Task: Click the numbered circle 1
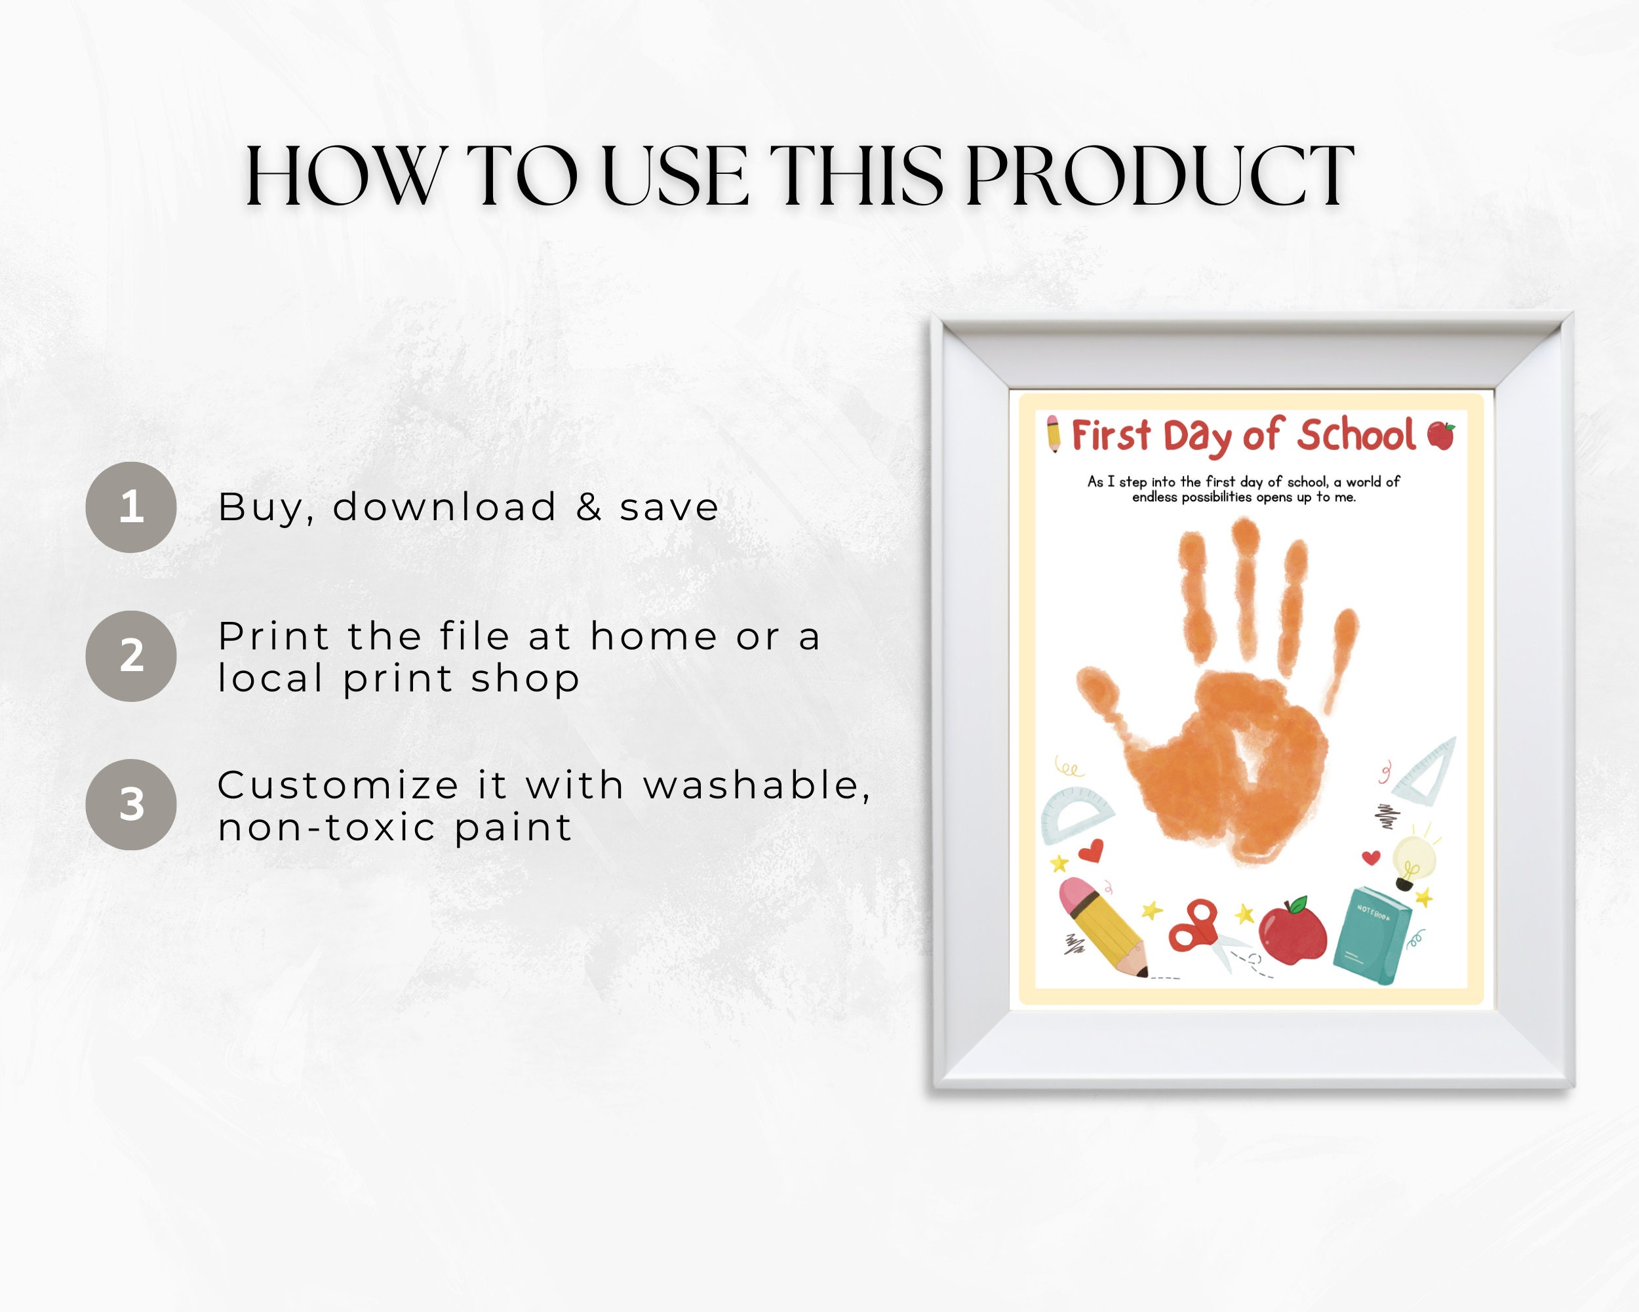click(x=130, y=506)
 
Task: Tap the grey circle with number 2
click(x=130, y=655)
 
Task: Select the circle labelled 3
click(x=130, y=804)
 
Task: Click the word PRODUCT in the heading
click(x=1159, y=176)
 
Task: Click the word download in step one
click(x=444, y=507)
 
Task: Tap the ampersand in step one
click(x=588, y=507)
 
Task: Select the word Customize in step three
click(x=338, y=785)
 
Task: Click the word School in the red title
click(x=1355, y=436)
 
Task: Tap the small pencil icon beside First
click(x=1054, y=434)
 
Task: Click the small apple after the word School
click(x=1440, y=435)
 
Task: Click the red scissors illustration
click(x=1195, y=926)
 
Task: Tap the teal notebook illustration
click(x=1372, y=935)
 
